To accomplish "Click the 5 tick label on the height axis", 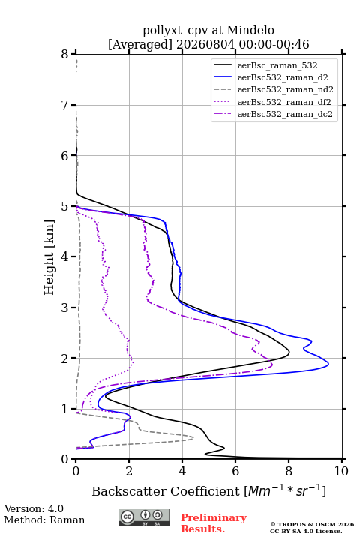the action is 65,207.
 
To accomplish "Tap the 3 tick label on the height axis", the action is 65,308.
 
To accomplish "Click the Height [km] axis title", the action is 49,257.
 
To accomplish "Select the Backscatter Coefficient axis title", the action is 208,491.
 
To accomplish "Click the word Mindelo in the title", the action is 250,30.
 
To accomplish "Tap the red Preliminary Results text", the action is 214,523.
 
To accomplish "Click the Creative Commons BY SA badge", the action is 144,517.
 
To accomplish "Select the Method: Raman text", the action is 44,520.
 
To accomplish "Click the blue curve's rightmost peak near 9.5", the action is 328,363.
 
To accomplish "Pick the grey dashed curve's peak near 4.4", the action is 193,438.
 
